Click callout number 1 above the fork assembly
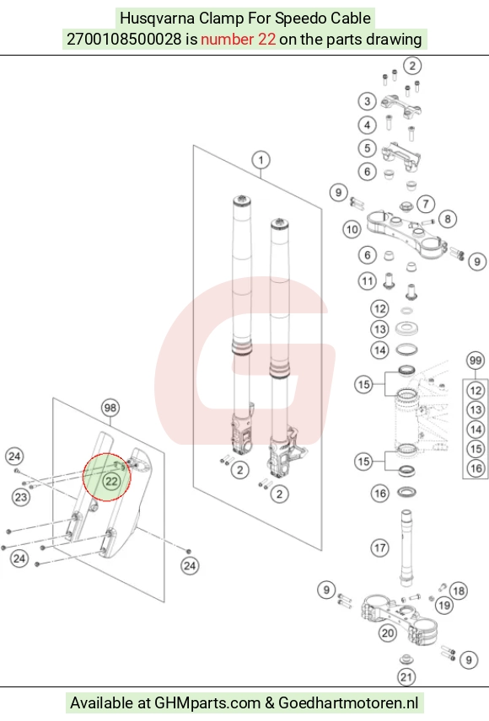261,160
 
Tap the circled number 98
110,408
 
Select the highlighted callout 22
111,481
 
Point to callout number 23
21,497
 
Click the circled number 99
476,360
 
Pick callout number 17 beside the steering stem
380,547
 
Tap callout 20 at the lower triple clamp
388,633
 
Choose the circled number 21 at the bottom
406,677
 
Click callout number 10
352,229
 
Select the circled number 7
426,203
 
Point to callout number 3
367,101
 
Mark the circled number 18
459,591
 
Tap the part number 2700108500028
124,39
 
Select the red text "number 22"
238,39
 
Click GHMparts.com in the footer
207,703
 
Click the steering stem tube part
406,547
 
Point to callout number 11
367,280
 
